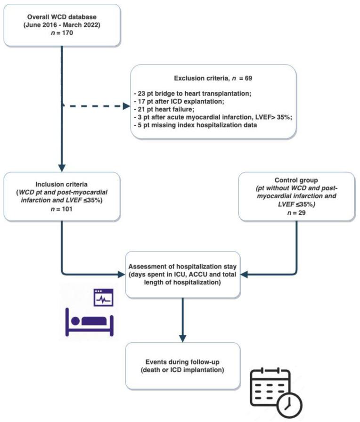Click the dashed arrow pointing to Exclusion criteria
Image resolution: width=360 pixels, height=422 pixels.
click(94, 106)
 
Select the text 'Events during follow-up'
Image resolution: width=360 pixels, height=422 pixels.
click(182, 360)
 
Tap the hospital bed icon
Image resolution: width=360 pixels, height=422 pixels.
click(89, 320)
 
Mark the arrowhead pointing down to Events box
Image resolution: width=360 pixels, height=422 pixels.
click(182, 338)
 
